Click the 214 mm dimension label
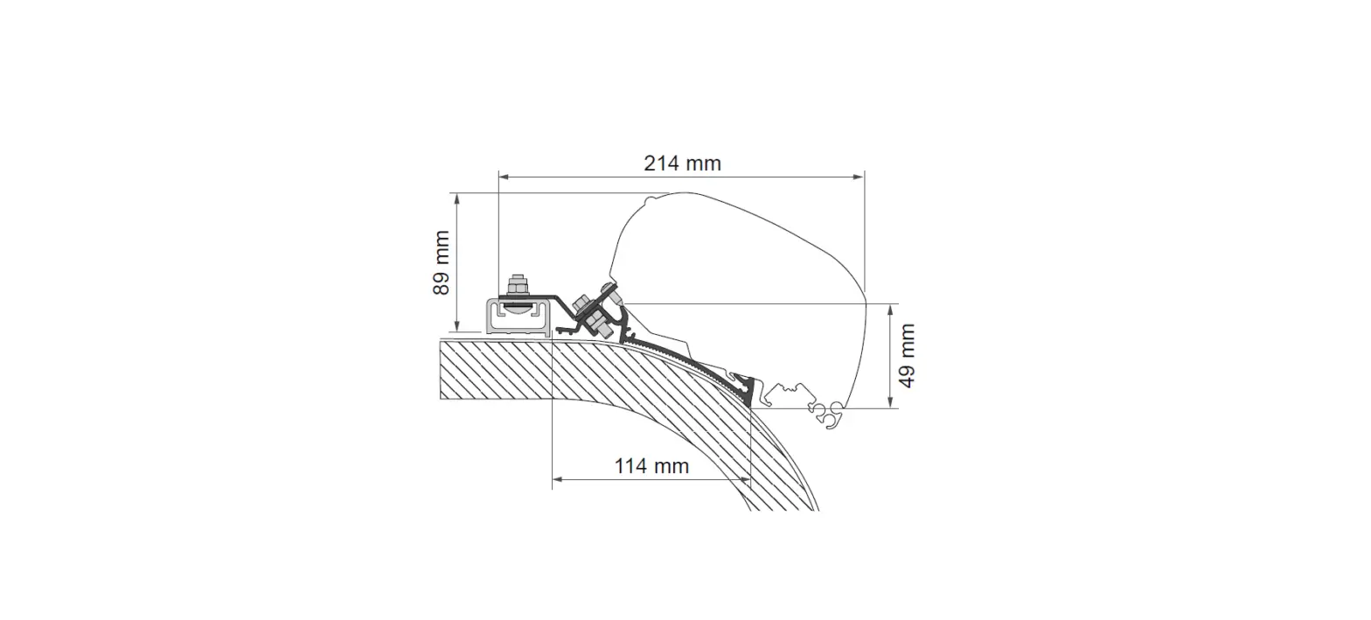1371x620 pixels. [x=682, y=163]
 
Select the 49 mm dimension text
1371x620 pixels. [x=907, y=355]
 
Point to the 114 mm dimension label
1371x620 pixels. [x=651, y=466]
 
